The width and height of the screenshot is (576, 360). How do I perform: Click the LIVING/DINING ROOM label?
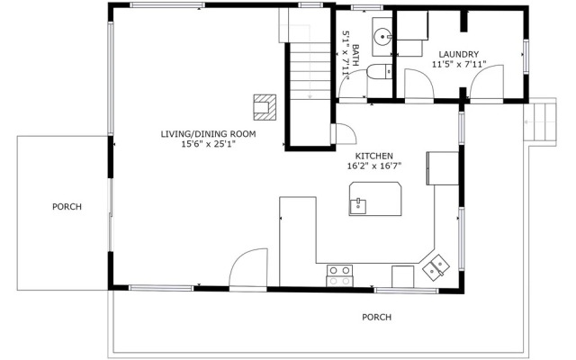[x=208, y=134]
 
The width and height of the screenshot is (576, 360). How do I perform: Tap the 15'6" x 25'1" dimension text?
[x=208, y=144]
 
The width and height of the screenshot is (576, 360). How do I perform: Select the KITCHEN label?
[x=374, y=156]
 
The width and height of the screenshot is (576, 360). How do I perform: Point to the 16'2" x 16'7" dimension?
[x=374, y=166]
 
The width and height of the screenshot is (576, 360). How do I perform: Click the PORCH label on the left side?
[x=67, y=207]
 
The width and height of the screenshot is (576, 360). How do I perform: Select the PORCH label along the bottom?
[x=376, y=317]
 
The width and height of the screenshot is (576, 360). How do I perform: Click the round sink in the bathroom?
[x=382, y=38]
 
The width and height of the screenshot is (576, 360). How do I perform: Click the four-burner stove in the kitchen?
[x=339, y=274]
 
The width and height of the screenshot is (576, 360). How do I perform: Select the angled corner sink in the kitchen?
[x=436, y=265]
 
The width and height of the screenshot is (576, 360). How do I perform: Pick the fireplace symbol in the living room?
[x=264, y=106]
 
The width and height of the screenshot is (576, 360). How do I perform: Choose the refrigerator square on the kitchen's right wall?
[x=441, y=167]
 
